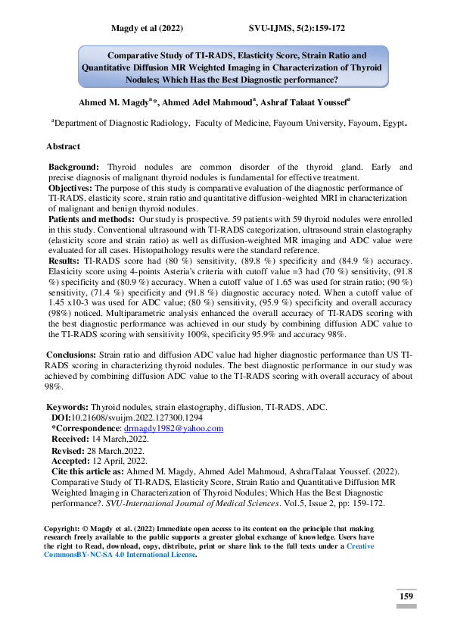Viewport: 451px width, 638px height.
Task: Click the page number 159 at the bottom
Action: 406,597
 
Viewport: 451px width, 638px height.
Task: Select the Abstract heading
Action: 63,145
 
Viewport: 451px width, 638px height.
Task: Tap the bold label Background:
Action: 73,166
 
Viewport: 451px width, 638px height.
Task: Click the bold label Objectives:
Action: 71,186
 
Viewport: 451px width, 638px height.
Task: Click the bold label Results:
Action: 64,258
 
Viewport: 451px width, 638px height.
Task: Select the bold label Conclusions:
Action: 71,354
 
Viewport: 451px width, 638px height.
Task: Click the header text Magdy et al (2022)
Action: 145,28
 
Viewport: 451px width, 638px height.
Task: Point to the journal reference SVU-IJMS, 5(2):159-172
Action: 297,28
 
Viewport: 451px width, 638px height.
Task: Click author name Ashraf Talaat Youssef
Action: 303,102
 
